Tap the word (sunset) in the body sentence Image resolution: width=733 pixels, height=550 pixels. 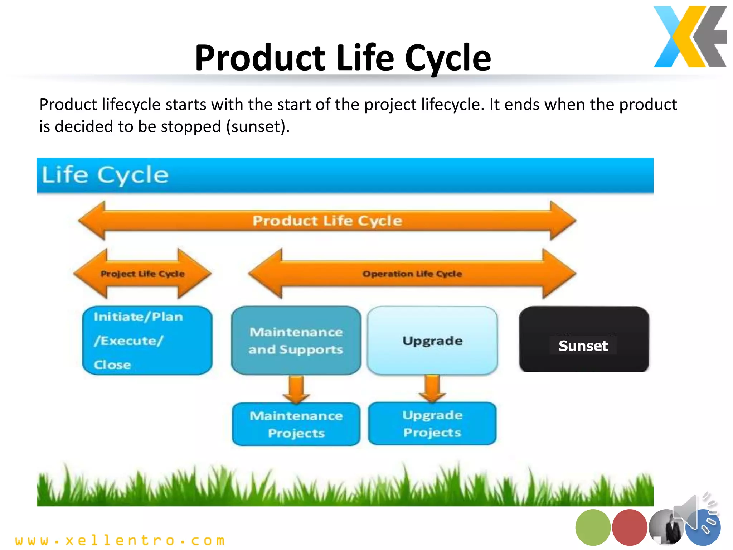pos(256,127)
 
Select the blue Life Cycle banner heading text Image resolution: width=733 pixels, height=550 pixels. pos(105,175)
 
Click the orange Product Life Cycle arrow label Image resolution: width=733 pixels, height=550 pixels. pos(327,221)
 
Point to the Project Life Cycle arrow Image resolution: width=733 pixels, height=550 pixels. pos(142,274)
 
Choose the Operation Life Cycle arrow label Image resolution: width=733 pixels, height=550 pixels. pos(412,274)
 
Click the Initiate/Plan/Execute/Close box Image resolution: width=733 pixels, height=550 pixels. pos(147,340)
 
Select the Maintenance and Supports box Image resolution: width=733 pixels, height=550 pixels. pos(296,340)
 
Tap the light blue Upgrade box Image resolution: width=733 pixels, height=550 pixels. pos(432,340)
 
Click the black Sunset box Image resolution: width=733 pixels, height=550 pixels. pos(584,339)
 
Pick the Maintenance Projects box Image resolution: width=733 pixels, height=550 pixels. pos(296,424)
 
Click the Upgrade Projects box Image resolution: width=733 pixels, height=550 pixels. pos(432,424)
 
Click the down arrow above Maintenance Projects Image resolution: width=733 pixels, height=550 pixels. pos(296,389)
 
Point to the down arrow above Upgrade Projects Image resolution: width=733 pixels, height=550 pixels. pos(432,389)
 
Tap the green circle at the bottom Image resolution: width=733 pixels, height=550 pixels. pos(593,527)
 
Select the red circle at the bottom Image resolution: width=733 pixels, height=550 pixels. pos(629,527)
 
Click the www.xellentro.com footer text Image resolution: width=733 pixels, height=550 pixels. pos(120,540)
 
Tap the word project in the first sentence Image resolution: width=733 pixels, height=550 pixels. pos(390,105)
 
